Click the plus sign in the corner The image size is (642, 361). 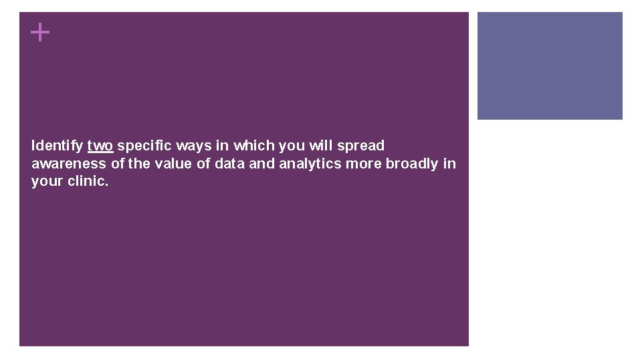click(x=41, y=32)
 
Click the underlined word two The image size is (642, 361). click(x=100, y=146)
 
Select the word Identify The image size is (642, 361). click(x=58, y=146)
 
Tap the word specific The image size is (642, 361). click(x=145, y=146)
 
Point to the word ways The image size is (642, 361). click(x=194, y=146)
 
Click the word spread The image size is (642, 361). click(x=362, y=146)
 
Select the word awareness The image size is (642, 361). click(x=68, y=164)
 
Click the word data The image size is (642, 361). click(x=230, y=164)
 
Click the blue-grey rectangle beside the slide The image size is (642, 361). click(x=550, y=66)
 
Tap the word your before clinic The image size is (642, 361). click(x=47, y=181)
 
